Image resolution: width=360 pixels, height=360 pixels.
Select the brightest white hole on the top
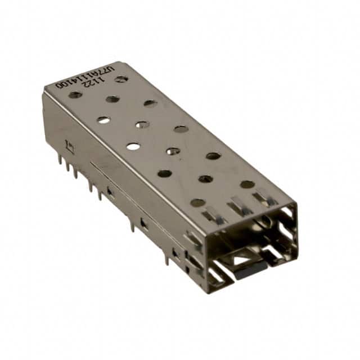coord(133,146)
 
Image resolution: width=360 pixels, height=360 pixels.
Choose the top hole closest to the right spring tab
coord(247,184)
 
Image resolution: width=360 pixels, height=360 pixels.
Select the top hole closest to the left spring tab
coord(197,202)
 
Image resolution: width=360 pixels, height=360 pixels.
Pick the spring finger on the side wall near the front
coord(193,242)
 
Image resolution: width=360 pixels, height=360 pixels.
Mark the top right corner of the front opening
coord(295,206)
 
